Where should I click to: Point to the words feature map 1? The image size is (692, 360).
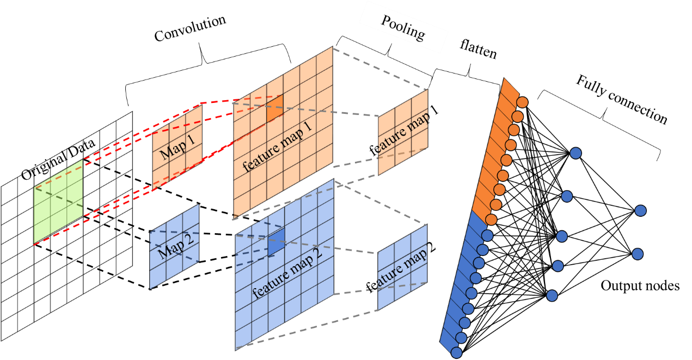tap(278, 147)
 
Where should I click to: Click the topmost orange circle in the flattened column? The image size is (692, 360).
tap(522, 102)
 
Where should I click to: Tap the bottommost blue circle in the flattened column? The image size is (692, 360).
tap(456, 352)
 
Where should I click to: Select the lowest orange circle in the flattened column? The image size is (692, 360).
tap(491, 219)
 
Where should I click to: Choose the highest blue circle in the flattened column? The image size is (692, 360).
tap(487, 235)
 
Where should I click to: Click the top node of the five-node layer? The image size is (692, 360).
tap(575, 153)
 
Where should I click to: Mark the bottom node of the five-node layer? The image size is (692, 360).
tap(552, 296)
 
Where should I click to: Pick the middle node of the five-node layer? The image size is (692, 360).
tap(562, 236)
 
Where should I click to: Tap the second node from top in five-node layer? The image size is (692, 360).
tap(567, 196)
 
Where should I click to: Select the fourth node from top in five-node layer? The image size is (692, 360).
tap(558, 266)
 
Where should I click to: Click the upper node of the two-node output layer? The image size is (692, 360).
tap(640, 210)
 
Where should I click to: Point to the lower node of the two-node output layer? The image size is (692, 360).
tap(638, 254)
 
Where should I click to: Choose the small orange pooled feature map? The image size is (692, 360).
tap(403, 133)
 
